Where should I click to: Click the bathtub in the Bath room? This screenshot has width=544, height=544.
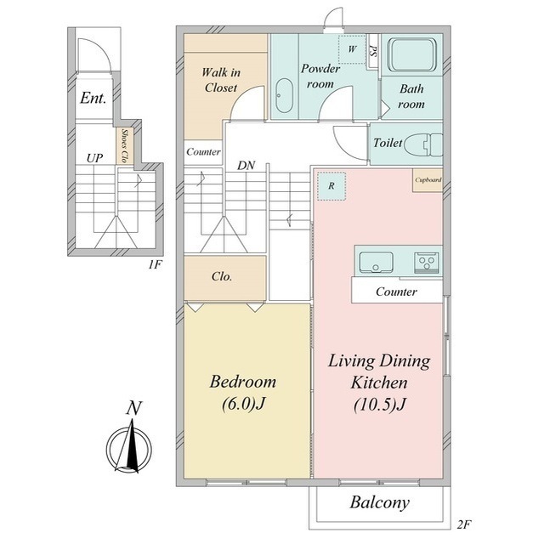(x=411, y=54)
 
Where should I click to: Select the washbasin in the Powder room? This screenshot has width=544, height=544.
(x=284, y=96)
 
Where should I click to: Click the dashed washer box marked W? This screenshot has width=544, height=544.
(x=352, y=49)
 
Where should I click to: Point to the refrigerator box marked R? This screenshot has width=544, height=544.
(x=331, y=186)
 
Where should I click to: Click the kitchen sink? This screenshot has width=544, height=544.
(x=376, y=263)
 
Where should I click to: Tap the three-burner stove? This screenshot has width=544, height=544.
(x=427, y=263)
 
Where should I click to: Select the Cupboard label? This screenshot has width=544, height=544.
(x=428, y=180)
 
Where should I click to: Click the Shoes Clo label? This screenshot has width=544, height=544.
(x=124, y=146)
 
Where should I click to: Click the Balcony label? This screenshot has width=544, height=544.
(x=380, y=502)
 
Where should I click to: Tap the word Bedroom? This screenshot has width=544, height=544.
(x=243, y=382)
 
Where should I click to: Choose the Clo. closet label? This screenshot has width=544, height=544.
(x=222, y=277)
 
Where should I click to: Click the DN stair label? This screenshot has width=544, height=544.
(x=246, y=166)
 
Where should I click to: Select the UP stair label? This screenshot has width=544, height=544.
(x=94, y=159)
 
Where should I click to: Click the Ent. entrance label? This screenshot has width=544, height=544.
(x=93, y=98)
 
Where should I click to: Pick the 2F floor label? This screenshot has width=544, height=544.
(x=464, y=524)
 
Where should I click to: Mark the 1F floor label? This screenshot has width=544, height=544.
(x=155, y=264)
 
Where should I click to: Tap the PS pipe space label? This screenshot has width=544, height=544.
(x=373, y=51)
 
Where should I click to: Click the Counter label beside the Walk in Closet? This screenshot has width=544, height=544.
(x=203, y=151)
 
